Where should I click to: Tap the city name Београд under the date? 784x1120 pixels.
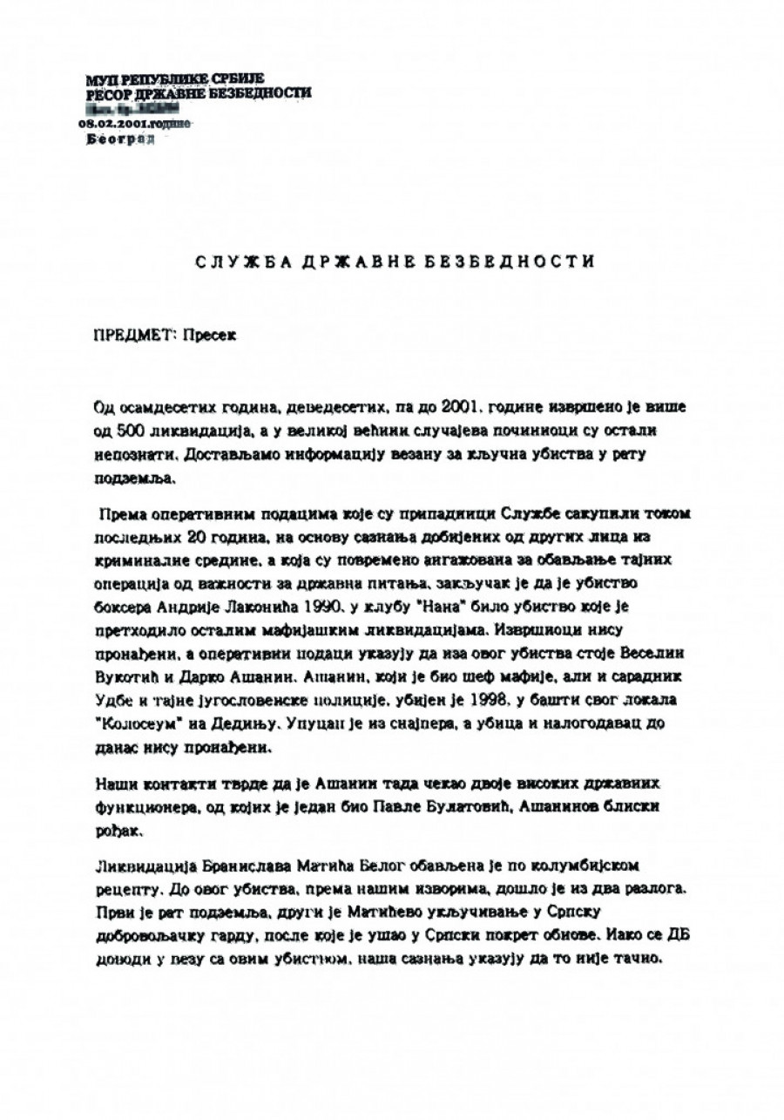pyautogui.click(x=122, y=139)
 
